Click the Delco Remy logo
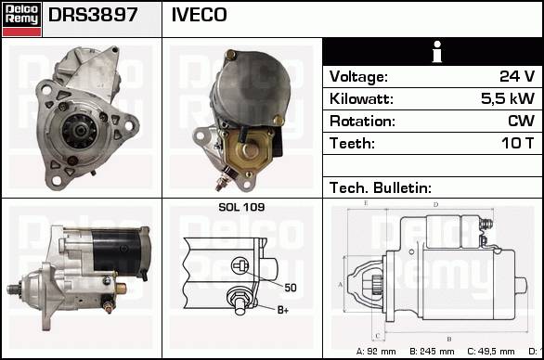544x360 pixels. point(22,19)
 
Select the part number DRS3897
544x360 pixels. point(93,15)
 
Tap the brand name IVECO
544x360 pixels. point(200,15)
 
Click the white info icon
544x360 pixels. point(437,52)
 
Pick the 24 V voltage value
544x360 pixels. point(517,76)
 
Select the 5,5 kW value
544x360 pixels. point(508,98)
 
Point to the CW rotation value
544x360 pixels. point(521,121)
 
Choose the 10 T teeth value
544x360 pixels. point(518,143)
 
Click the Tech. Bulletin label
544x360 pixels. point(381,188)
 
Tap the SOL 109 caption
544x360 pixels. point(241,208)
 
